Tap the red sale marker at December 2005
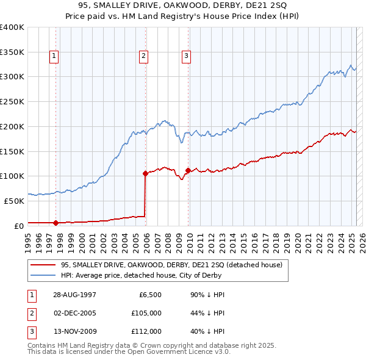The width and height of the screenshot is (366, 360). click(x=145, y=173)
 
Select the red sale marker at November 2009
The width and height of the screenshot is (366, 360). click(x=188, y=170)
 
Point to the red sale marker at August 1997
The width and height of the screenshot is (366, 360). click(x=56, y=223)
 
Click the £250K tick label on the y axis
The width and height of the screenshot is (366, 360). click(x=12, y=101)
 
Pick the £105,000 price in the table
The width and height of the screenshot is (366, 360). click(x=146, y=313)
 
